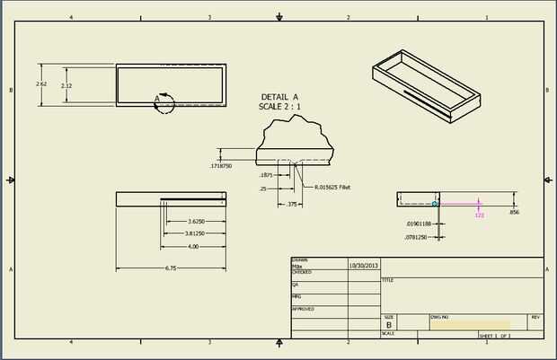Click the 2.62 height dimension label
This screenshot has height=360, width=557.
[x=41, y=83]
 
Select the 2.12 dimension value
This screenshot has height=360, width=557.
[x=66, y=85]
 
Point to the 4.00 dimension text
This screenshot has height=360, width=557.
[x=192, y=246]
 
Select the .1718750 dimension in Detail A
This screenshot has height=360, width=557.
[x=220, y=166]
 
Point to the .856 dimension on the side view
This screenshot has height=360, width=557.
[x=514, y=213]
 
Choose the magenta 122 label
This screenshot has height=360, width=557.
[x=479, y=215]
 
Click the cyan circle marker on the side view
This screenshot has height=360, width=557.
[x=435, y=205]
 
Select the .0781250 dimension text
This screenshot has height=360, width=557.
[x=417, y=237]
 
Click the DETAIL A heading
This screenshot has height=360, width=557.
[x=279, y=96]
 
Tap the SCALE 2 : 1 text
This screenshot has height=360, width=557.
[x=279, y=106]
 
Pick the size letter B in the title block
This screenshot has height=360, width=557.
[x=389, y=325]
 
